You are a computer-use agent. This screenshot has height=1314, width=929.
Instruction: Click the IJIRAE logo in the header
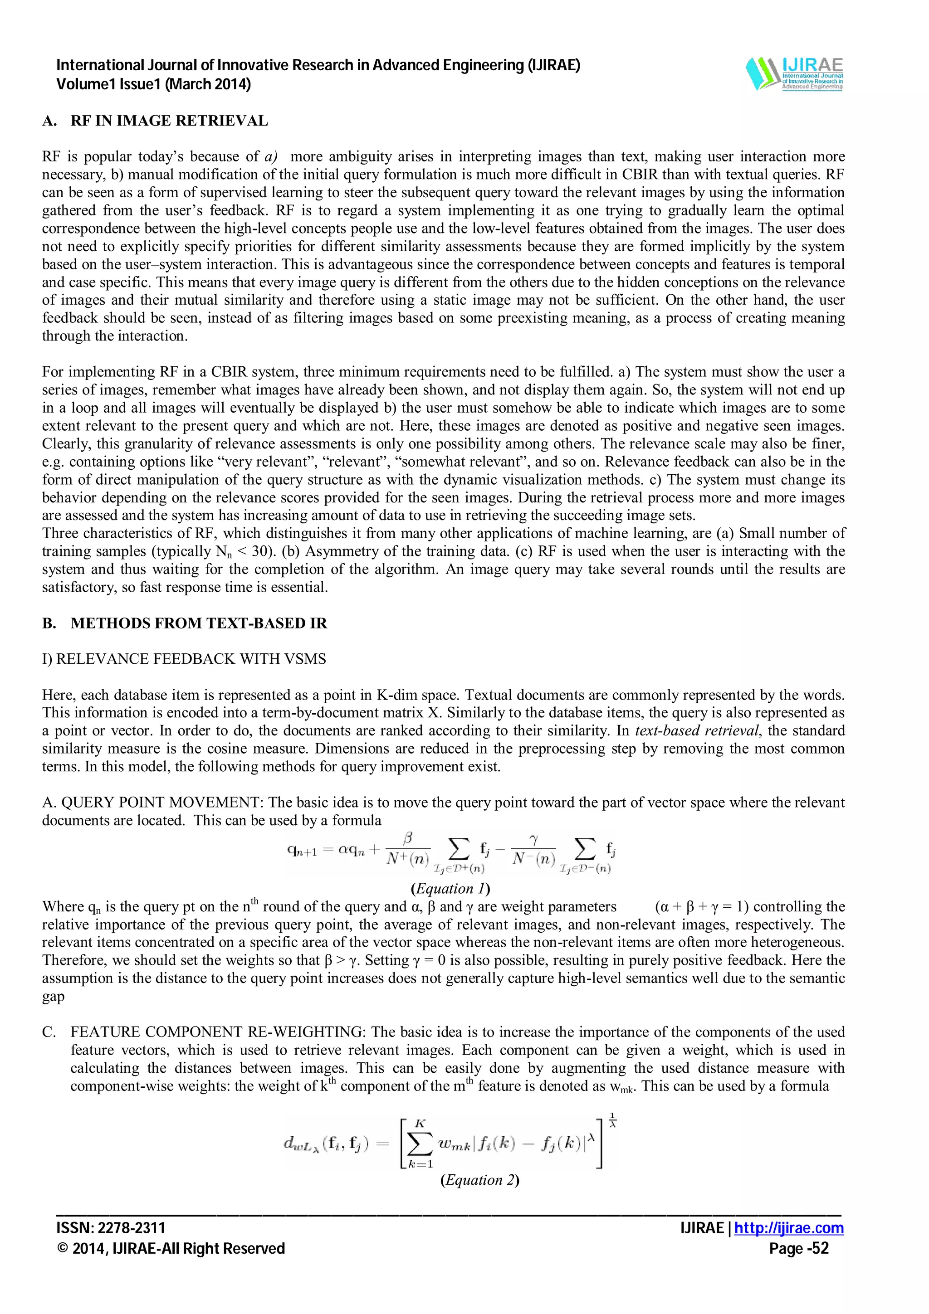click(x=794, y=74)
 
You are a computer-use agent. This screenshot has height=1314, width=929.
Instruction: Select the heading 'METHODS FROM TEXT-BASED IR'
click(x=199, y=623)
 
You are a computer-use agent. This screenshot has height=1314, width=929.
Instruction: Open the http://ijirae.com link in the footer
click(x=789, y=1228)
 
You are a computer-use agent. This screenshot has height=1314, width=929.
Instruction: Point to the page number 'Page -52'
click(x=798, y=1248)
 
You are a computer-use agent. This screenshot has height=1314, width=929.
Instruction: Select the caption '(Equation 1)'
click(x=450, y=888)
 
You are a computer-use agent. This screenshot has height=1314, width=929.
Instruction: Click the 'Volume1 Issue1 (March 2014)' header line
click(x=153, y=85)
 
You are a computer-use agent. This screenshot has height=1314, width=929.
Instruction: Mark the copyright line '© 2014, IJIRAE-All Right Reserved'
click(x=171, y=1248)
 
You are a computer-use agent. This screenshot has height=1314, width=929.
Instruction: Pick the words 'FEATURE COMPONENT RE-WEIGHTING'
click(x=218, y=1032)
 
